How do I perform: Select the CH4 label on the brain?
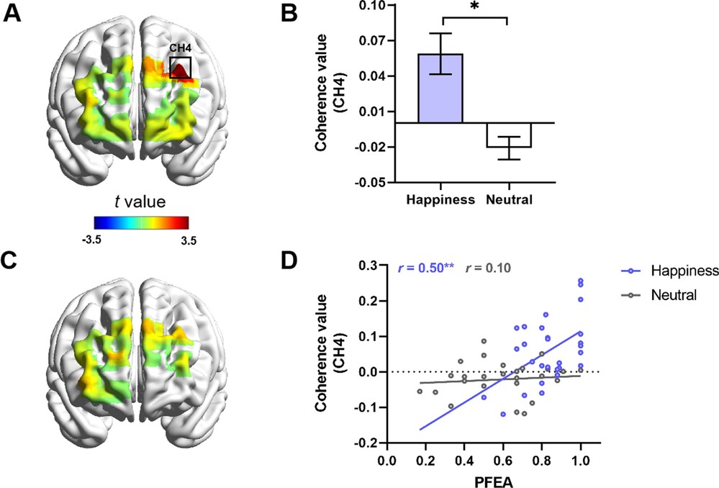pos(180,48)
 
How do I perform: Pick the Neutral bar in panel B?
pos(509,135)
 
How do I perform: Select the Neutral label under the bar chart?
pos(509,199)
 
